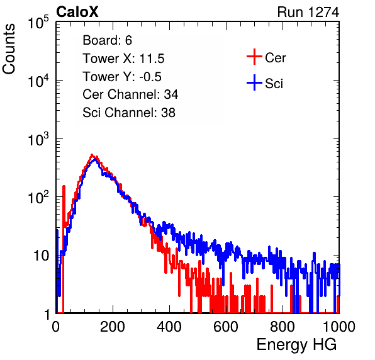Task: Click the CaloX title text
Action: point(77,12)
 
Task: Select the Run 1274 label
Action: point(308,12)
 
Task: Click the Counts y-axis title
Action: point(9,49)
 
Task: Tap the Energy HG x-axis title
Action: point(296,344)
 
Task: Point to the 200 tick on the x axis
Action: point(113,327)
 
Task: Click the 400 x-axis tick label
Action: point(169,327)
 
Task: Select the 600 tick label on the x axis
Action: point(226,327)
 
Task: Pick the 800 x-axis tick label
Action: point(283,327)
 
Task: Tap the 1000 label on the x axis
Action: point(339,327)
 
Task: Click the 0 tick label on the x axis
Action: point(56,327)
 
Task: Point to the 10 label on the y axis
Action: point(41,256)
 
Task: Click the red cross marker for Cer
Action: point(254,57)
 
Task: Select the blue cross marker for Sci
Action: point(254,82)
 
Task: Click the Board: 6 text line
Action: point(107,40)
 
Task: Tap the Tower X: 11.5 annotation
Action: point(123,59)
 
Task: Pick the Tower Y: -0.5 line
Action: point(122,77)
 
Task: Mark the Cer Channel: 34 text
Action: point(130,94)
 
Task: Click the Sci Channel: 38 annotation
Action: point(129,113)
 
